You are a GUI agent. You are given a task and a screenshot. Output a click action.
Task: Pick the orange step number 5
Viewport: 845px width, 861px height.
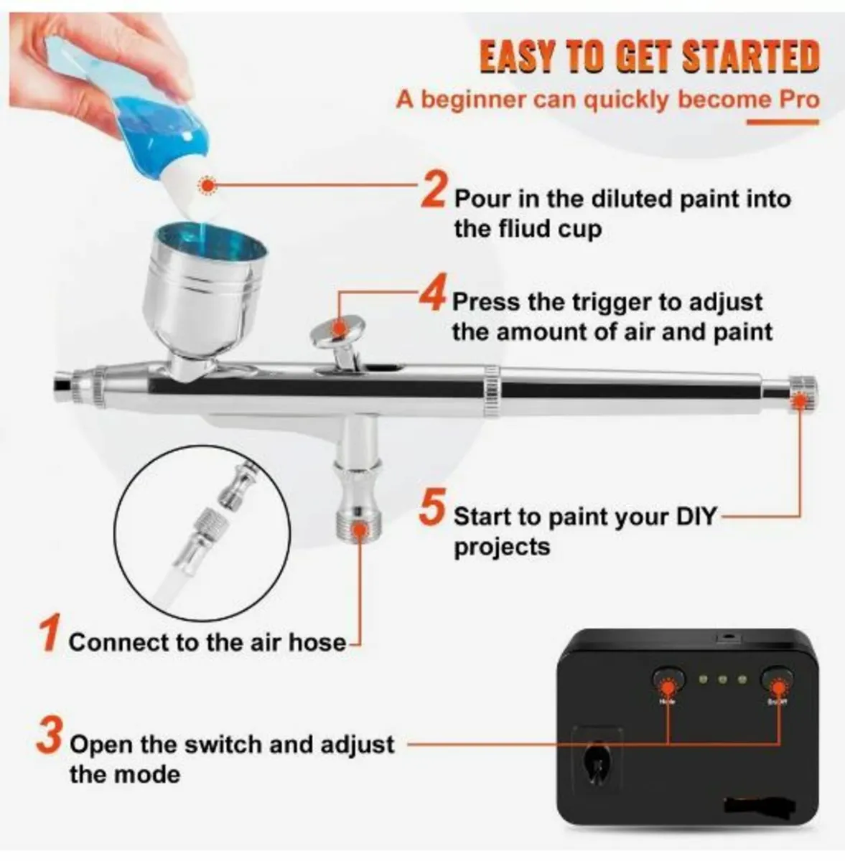click(433, 508)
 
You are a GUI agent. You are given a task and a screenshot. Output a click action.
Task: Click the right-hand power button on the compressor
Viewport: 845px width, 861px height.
click(778, 679)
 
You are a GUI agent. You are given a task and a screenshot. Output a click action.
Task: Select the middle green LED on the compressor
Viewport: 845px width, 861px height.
click(723, 679)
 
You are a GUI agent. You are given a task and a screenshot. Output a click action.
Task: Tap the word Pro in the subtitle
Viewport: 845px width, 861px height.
click(798, 98)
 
